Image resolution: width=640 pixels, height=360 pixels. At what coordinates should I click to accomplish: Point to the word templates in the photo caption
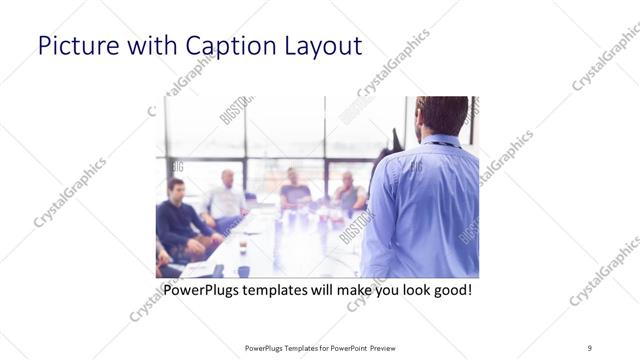tap(283, 291)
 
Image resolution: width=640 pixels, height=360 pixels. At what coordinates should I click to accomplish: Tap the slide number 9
tap(590, 347)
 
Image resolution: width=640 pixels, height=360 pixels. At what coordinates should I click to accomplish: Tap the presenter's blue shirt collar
tap(440, 141)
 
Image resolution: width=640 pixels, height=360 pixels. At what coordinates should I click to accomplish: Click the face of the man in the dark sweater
tap(176, 190)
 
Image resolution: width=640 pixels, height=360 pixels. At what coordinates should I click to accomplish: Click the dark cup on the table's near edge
tap(243, 270)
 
